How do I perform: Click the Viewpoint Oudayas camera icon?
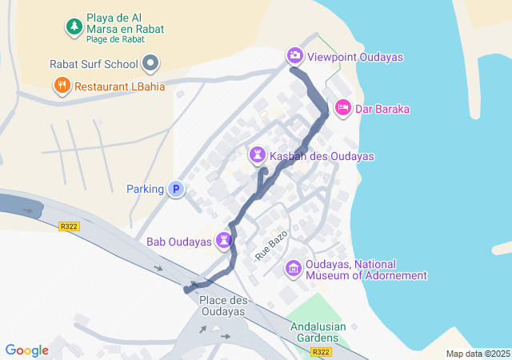tap(295, 55)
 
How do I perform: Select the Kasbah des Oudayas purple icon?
tap(258, 153)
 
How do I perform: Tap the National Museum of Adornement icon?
tap(294, 267)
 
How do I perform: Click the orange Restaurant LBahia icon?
tap(62, 84)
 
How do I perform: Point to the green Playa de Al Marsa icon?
tap(74, 26)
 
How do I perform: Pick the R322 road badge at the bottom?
tap(322, 352)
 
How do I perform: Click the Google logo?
tap(26, 350)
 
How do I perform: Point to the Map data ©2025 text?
tap(478, 354)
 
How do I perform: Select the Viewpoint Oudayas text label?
tap(355, 57)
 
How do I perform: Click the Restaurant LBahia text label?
tap(120, 86)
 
